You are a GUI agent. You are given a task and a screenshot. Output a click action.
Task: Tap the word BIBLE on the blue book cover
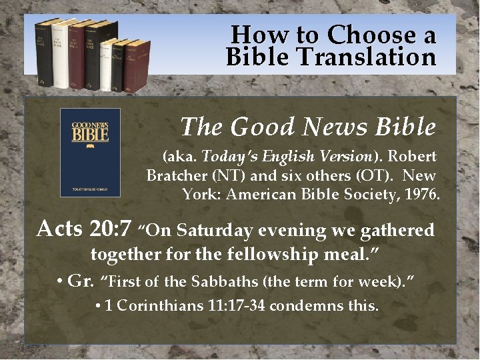point(90,135)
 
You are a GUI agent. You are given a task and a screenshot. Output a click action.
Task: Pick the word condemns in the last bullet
point(303,307)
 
